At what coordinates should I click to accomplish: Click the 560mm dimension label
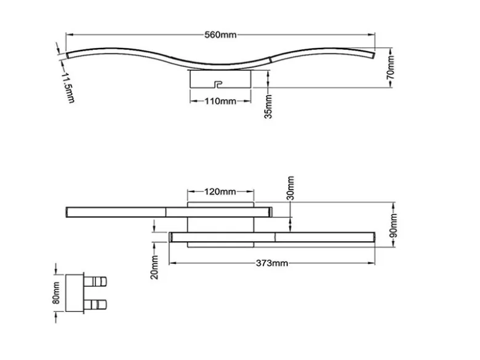click(220, 35)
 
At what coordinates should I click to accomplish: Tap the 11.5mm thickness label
click(68, 88)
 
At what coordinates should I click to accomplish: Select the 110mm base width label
click(220, 101)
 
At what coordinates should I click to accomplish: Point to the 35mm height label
click(268, 106)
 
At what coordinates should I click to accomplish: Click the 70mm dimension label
click(391, 67)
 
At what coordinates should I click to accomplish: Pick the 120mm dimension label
click(220, 192)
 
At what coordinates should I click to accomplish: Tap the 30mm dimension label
click(291, 188)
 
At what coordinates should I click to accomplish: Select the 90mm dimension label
click(394, 226)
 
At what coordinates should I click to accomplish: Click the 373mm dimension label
click(272, 263)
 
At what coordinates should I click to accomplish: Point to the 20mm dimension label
click(155, 267)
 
